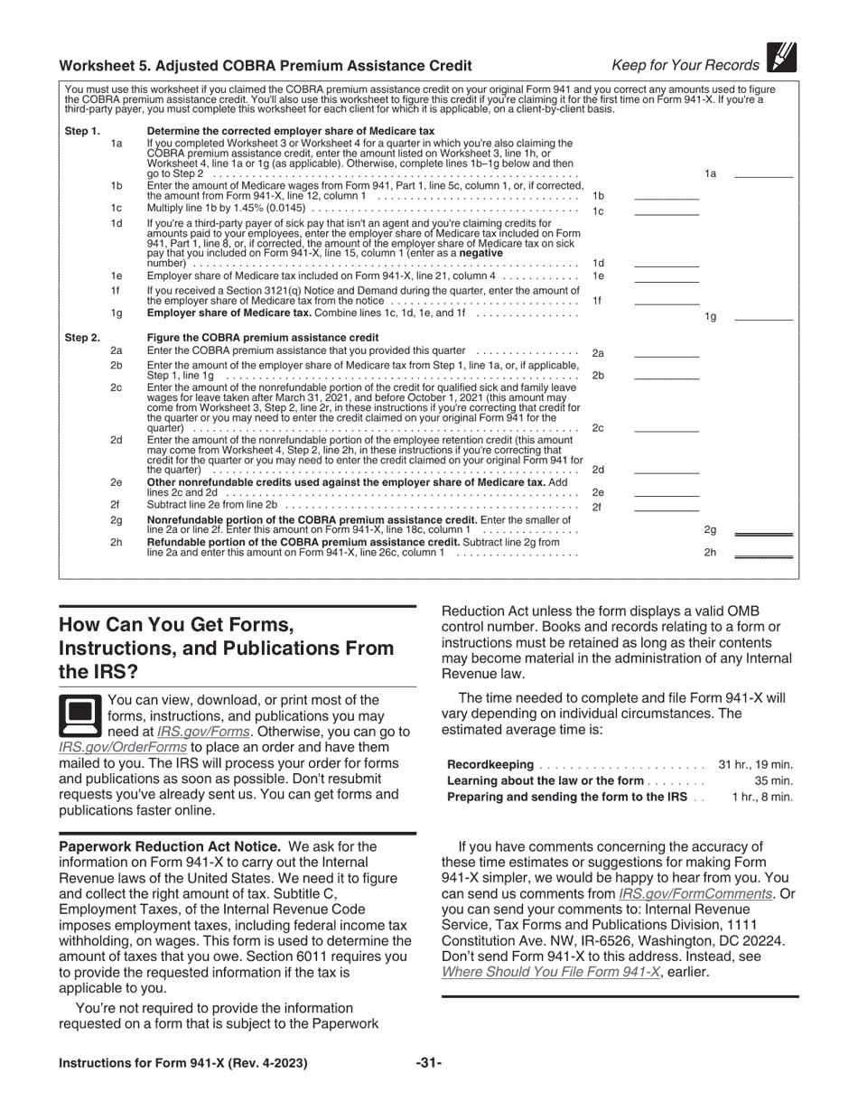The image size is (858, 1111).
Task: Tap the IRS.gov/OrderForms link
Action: pyautogui.click(x=123, y=748)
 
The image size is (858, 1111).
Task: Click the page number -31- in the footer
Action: pyautogui.click(x=429, y=1063)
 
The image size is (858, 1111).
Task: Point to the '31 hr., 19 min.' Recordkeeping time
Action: pyautogui.click(x=755, y=764)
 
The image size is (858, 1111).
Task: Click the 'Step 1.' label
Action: pyautogui.click(x=82, y=131)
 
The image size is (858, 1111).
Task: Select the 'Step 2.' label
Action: pyautogui.click(x=82, y=338)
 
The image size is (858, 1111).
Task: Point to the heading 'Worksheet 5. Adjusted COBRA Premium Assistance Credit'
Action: pyautogui.click(x=266, y=65)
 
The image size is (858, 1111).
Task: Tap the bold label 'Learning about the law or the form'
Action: pyautogui.click(x=546, y=780)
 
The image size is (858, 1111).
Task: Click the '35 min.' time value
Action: pyautogui.click(x=773, y=780)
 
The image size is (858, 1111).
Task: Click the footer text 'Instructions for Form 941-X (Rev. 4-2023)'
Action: pyautogui.click(x=183, y=1063)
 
